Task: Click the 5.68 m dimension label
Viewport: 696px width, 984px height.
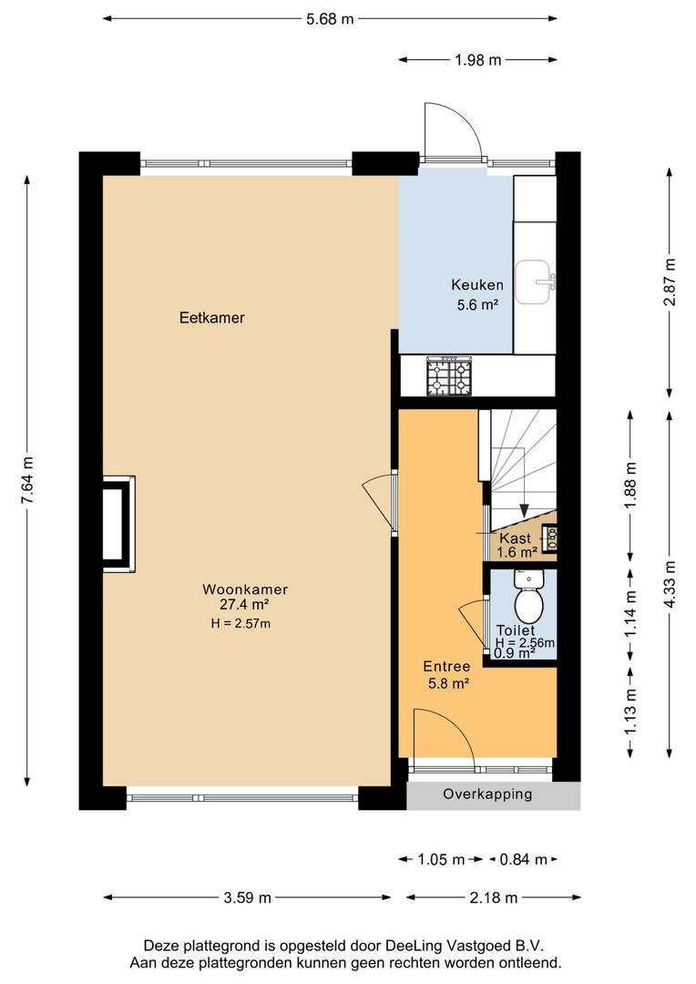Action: pyautogui.click(x=330, y=19)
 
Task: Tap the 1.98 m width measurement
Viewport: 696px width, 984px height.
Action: pyautogui.click(x=477, y=60)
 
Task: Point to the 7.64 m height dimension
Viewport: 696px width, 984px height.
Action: pyautogui.click(x=27, y=480)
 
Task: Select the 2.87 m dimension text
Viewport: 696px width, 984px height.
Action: pyautogui.click(x=670, y=282)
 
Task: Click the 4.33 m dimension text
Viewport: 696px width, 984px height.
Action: pyautogui.click(x=670, y=584)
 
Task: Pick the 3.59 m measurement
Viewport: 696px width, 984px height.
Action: pyautogui.click(x=247, y=898)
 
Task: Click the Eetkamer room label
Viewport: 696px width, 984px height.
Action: pyautogui.click(x=212, y=318)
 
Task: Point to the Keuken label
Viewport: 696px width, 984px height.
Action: pyautogui.click(x=477, y=285)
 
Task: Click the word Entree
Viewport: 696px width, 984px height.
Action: pyautogui.click(x=447, y=666)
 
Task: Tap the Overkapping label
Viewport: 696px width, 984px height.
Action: pyautogui.click(x=487, y=794)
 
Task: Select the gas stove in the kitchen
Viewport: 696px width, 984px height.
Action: pyautogui.click(x=449, y=376)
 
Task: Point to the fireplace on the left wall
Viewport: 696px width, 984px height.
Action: pyautogui.click(x=118, y=523)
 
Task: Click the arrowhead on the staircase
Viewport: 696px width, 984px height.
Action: pyautogui.click(x=524, y=512)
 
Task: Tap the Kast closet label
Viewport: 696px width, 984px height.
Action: pyautogui.click(x=516, y=538)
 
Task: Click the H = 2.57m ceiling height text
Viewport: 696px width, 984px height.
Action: pyautogui.click(x=241, y=624)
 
